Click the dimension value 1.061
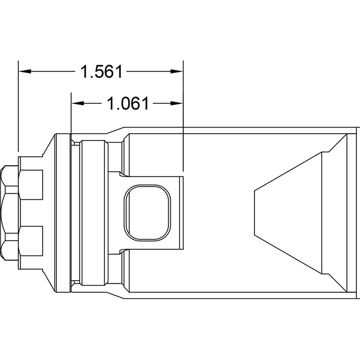(x=128, y=103)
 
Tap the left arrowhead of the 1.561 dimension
(x=25, y=71)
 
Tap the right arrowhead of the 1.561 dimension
(x=176, y=71)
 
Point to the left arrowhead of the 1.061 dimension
(x=78, y=103)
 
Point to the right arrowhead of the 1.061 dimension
(x=176, y=103)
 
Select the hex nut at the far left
(x=9, y=213)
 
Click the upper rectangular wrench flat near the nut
(x=31, y=185)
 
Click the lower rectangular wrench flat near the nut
(x=31, y=241)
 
